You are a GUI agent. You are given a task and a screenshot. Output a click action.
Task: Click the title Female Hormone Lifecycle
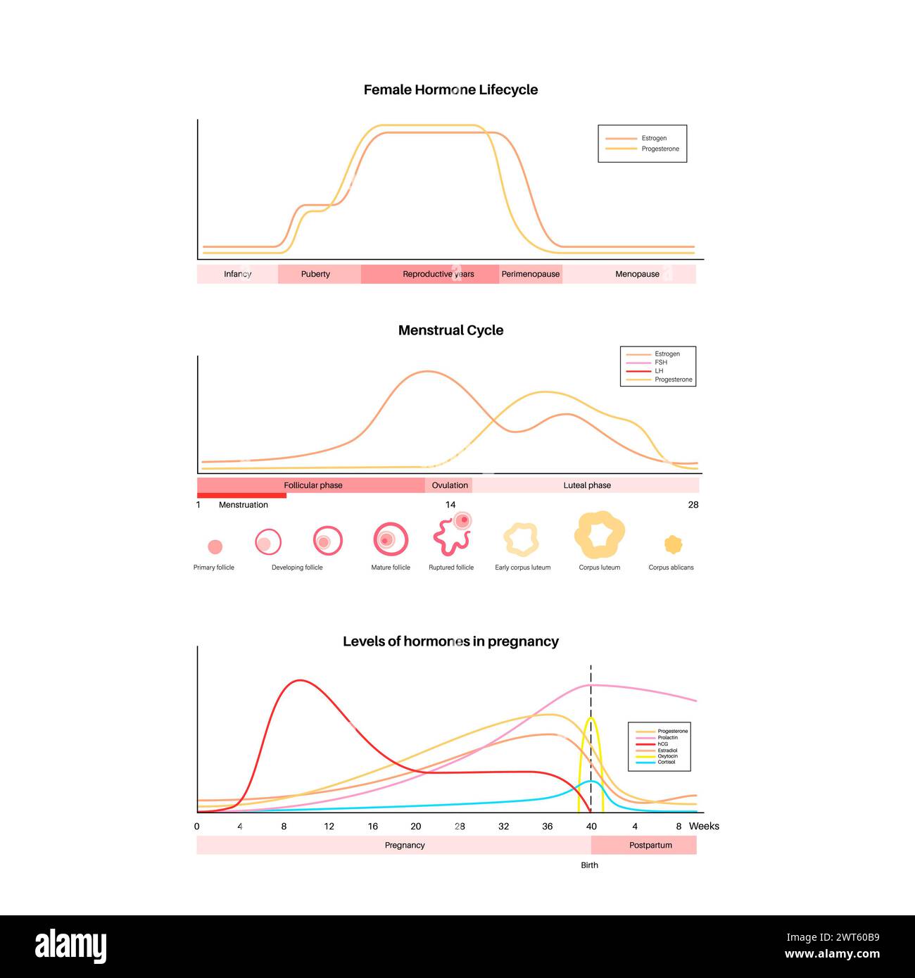[x=450, y=90]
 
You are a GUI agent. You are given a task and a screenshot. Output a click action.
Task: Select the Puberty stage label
[x=315, y=274]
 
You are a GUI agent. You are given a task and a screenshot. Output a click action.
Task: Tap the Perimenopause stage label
[x=531, y=274]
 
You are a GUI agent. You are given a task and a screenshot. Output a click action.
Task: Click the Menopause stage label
[x=637, y=274]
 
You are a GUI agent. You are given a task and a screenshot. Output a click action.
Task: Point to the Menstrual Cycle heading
[x=450, y=330]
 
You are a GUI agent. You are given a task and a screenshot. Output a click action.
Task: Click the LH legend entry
[x=659, y=371]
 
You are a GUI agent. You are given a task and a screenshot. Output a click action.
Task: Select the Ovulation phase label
[x=450, y=485]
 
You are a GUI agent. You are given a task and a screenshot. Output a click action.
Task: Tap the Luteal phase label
[x=587, y=485]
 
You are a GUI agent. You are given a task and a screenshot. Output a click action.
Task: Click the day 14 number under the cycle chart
[x=450, y=505]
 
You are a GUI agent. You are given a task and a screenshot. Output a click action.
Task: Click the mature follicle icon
[x=391, y=539]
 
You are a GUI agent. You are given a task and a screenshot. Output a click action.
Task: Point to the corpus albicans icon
[x=674, y=544]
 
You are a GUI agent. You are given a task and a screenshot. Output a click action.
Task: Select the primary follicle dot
[x=215, y=547]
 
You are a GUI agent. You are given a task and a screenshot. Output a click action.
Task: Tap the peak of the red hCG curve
[x=301, y=680]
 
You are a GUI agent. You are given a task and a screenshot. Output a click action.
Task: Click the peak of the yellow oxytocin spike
[x=591, y=718]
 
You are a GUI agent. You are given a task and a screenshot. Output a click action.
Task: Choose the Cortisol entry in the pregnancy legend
[x=666, y=763]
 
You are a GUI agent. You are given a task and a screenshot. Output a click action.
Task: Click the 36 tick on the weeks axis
[x=548, y=827]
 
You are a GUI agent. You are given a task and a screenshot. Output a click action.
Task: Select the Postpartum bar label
[x=650, y=845]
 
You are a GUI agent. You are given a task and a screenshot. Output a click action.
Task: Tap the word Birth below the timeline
[x=589, y=865]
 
